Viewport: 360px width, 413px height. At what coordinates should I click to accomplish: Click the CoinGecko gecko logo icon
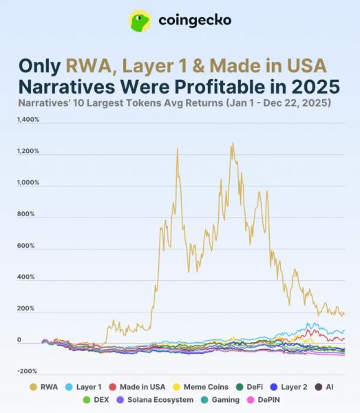140,21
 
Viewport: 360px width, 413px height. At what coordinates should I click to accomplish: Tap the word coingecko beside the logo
195,20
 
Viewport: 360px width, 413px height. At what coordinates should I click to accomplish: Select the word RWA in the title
89,65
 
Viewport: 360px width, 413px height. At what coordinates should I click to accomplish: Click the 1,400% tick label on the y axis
28,120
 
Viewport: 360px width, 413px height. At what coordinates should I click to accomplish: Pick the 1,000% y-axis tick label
28,182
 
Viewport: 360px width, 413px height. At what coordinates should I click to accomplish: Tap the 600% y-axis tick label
25,246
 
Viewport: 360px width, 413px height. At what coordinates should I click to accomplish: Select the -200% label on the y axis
27,371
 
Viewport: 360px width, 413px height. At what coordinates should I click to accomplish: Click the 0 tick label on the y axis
19,340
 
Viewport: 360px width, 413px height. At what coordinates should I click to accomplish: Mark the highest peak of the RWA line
233,144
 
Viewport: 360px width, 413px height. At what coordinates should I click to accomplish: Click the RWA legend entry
44,387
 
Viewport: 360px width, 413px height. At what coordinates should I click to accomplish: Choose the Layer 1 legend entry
83,387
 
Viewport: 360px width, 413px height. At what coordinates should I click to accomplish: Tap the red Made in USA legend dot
112,387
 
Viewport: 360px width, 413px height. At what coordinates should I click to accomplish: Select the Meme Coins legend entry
200,387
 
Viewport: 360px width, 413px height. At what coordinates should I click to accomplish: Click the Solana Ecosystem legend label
160,400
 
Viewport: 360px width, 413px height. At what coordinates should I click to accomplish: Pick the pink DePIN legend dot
251,400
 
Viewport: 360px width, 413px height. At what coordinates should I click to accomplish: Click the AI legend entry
324,387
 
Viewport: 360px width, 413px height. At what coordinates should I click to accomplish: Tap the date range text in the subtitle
279,103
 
